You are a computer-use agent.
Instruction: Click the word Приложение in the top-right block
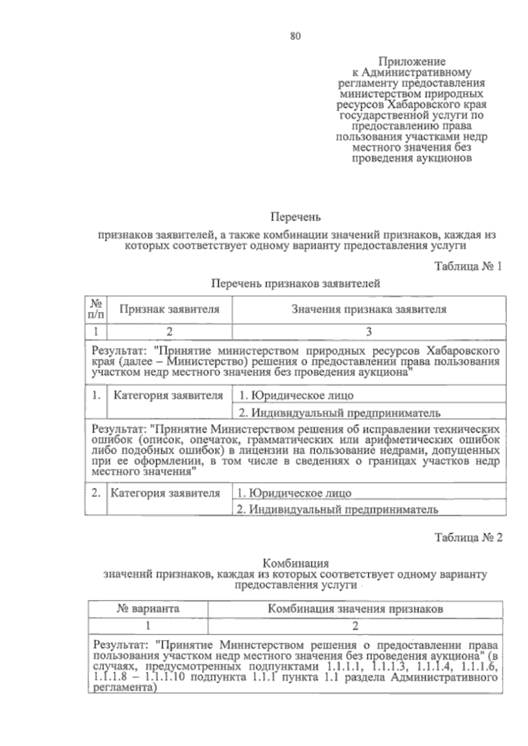click(x=412, y=62)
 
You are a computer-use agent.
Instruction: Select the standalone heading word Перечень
click(x=295, y=217)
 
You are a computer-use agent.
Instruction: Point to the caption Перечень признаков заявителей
click(x=295, y=284)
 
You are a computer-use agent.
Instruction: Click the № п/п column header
click(x=96, y=309)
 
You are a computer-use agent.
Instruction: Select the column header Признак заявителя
click(x=170, y=309)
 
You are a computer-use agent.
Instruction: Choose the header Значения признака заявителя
click(x=369, y=309)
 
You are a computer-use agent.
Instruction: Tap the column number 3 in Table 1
click(x=369, y=332)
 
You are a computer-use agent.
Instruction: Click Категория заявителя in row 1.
click(x=169, y=395)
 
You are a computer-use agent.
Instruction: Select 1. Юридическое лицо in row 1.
click(x=296, y=395)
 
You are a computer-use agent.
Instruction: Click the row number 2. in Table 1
click(x=96, y=493)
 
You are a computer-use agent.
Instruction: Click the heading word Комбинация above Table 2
click(x=295, y=563)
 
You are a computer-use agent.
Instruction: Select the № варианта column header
click(x=148, y=609)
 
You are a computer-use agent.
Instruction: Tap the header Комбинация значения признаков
click(x=355, y=609)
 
